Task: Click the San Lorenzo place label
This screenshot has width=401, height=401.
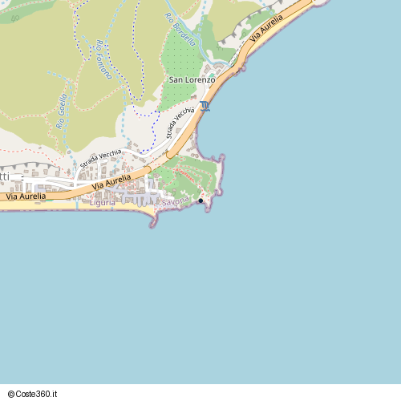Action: pos(192,80)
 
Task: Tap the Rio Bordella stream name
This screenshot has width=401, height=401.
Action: pos(180,30)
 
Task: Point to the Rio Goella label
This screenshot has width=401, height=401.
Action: pos(62,112)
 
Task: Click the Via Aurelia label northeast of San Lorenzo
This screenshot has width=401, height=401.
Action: pos(267,27)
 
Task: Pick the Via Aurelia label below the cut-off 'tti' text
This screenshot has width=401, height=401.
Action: pos(26,196)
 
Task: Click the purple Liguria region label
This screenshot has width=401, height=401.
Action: pos(102,203)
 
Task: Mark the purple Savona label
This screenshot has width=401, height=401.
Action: pos(176,200)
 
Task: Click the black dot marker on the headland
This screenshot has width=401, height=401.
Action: pos(200,200)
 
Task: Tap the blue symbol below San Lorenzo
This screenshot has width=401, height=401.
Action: pos(206,106)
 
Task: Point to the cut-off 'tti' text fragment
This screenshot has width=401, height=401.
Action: pos(5,176)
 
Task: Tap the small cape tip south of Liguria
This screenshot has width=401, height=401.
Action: pos(152,224)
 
